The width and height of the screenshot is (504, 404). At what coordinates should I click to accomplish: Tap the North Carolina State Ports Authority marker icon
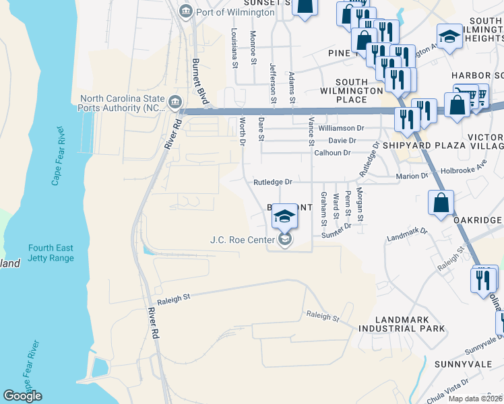[175, 102]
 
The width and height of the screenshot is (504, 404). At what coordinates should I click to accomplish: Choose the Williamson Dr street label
[341, 127]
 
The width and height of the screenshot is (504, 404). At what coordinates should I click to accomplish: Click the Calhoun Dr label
[332, 153]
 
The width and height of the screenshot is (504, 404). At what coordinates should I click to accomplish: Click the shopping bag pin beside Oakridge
[440, 203]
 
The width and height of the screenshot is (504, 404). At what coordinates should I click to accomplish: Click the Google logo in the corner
[22, 396]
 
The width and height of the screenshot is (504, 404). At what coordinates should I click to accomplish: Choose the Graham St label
[324, 208]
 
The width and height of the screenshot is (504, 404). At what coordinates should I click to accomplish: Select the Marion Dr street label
[414, 176]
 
